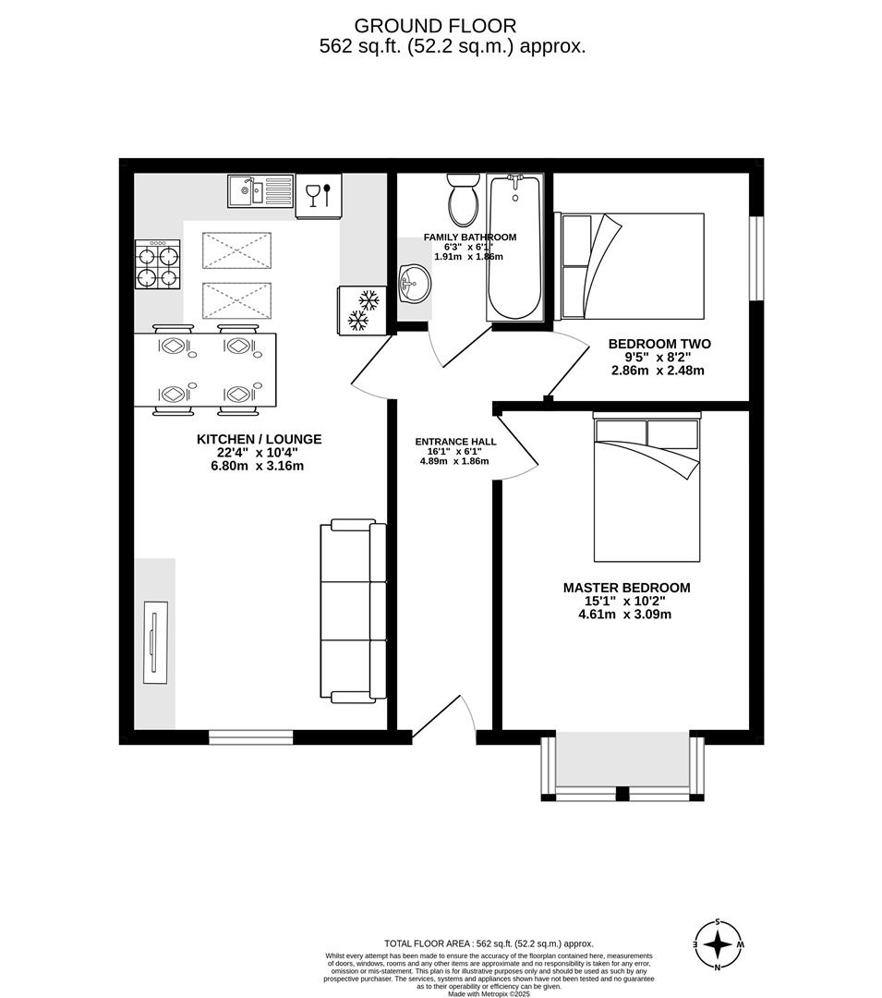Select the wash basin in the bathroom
click(413, 283)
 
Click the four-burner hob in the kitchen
click(158, 264)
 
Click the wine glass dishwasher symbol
click(318, 196)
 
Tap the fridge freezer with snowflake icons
click(360, 310)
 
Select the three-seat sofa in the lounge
click(353, 611)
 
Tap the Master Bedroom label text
click(626, 588)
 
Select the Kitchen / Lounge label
click(259, 440)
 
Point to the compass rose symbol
click(718, 944)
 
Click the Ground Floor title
click(435, 26)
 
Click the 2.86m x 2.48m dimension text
click(658, 371)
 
